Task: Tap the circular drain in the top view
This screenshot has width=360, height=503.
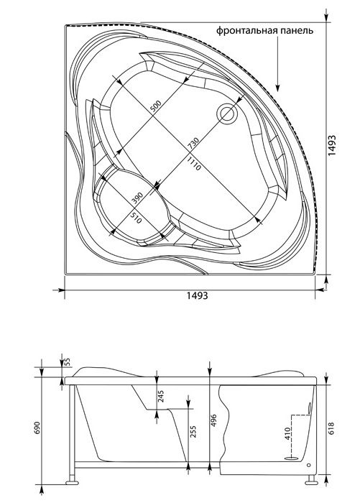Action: coord(228,112)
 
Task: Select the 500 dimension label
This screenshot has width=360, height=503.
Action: coord(155,106)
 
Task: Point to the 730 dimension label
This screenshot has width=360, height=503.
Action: coord(193,142)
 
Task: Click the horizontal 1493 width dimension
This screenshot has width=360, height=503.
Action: coord(198,295)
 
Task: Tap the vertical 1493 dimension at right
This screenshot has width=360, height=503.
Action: coord(332,145)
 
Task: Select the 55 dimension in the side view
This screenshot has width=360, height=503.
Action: coord(68,362)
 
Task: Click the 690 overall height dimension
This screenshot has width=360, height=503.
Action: coord(37,428)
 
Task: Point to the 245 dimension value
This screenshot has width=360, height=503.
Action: coord(161,397)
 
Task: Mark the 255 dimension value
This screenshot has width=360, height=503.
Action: coord(193,432)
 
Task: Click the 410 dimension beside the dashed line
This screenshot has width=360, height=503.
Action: coord(287,433)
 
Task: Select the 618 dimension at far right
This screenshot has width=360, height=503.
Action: coord(332,428)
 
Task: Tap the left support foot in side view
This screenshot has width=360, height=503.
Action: coord(72,482)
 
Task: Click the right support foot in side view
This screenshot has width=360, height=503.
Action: coord(311,482)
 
